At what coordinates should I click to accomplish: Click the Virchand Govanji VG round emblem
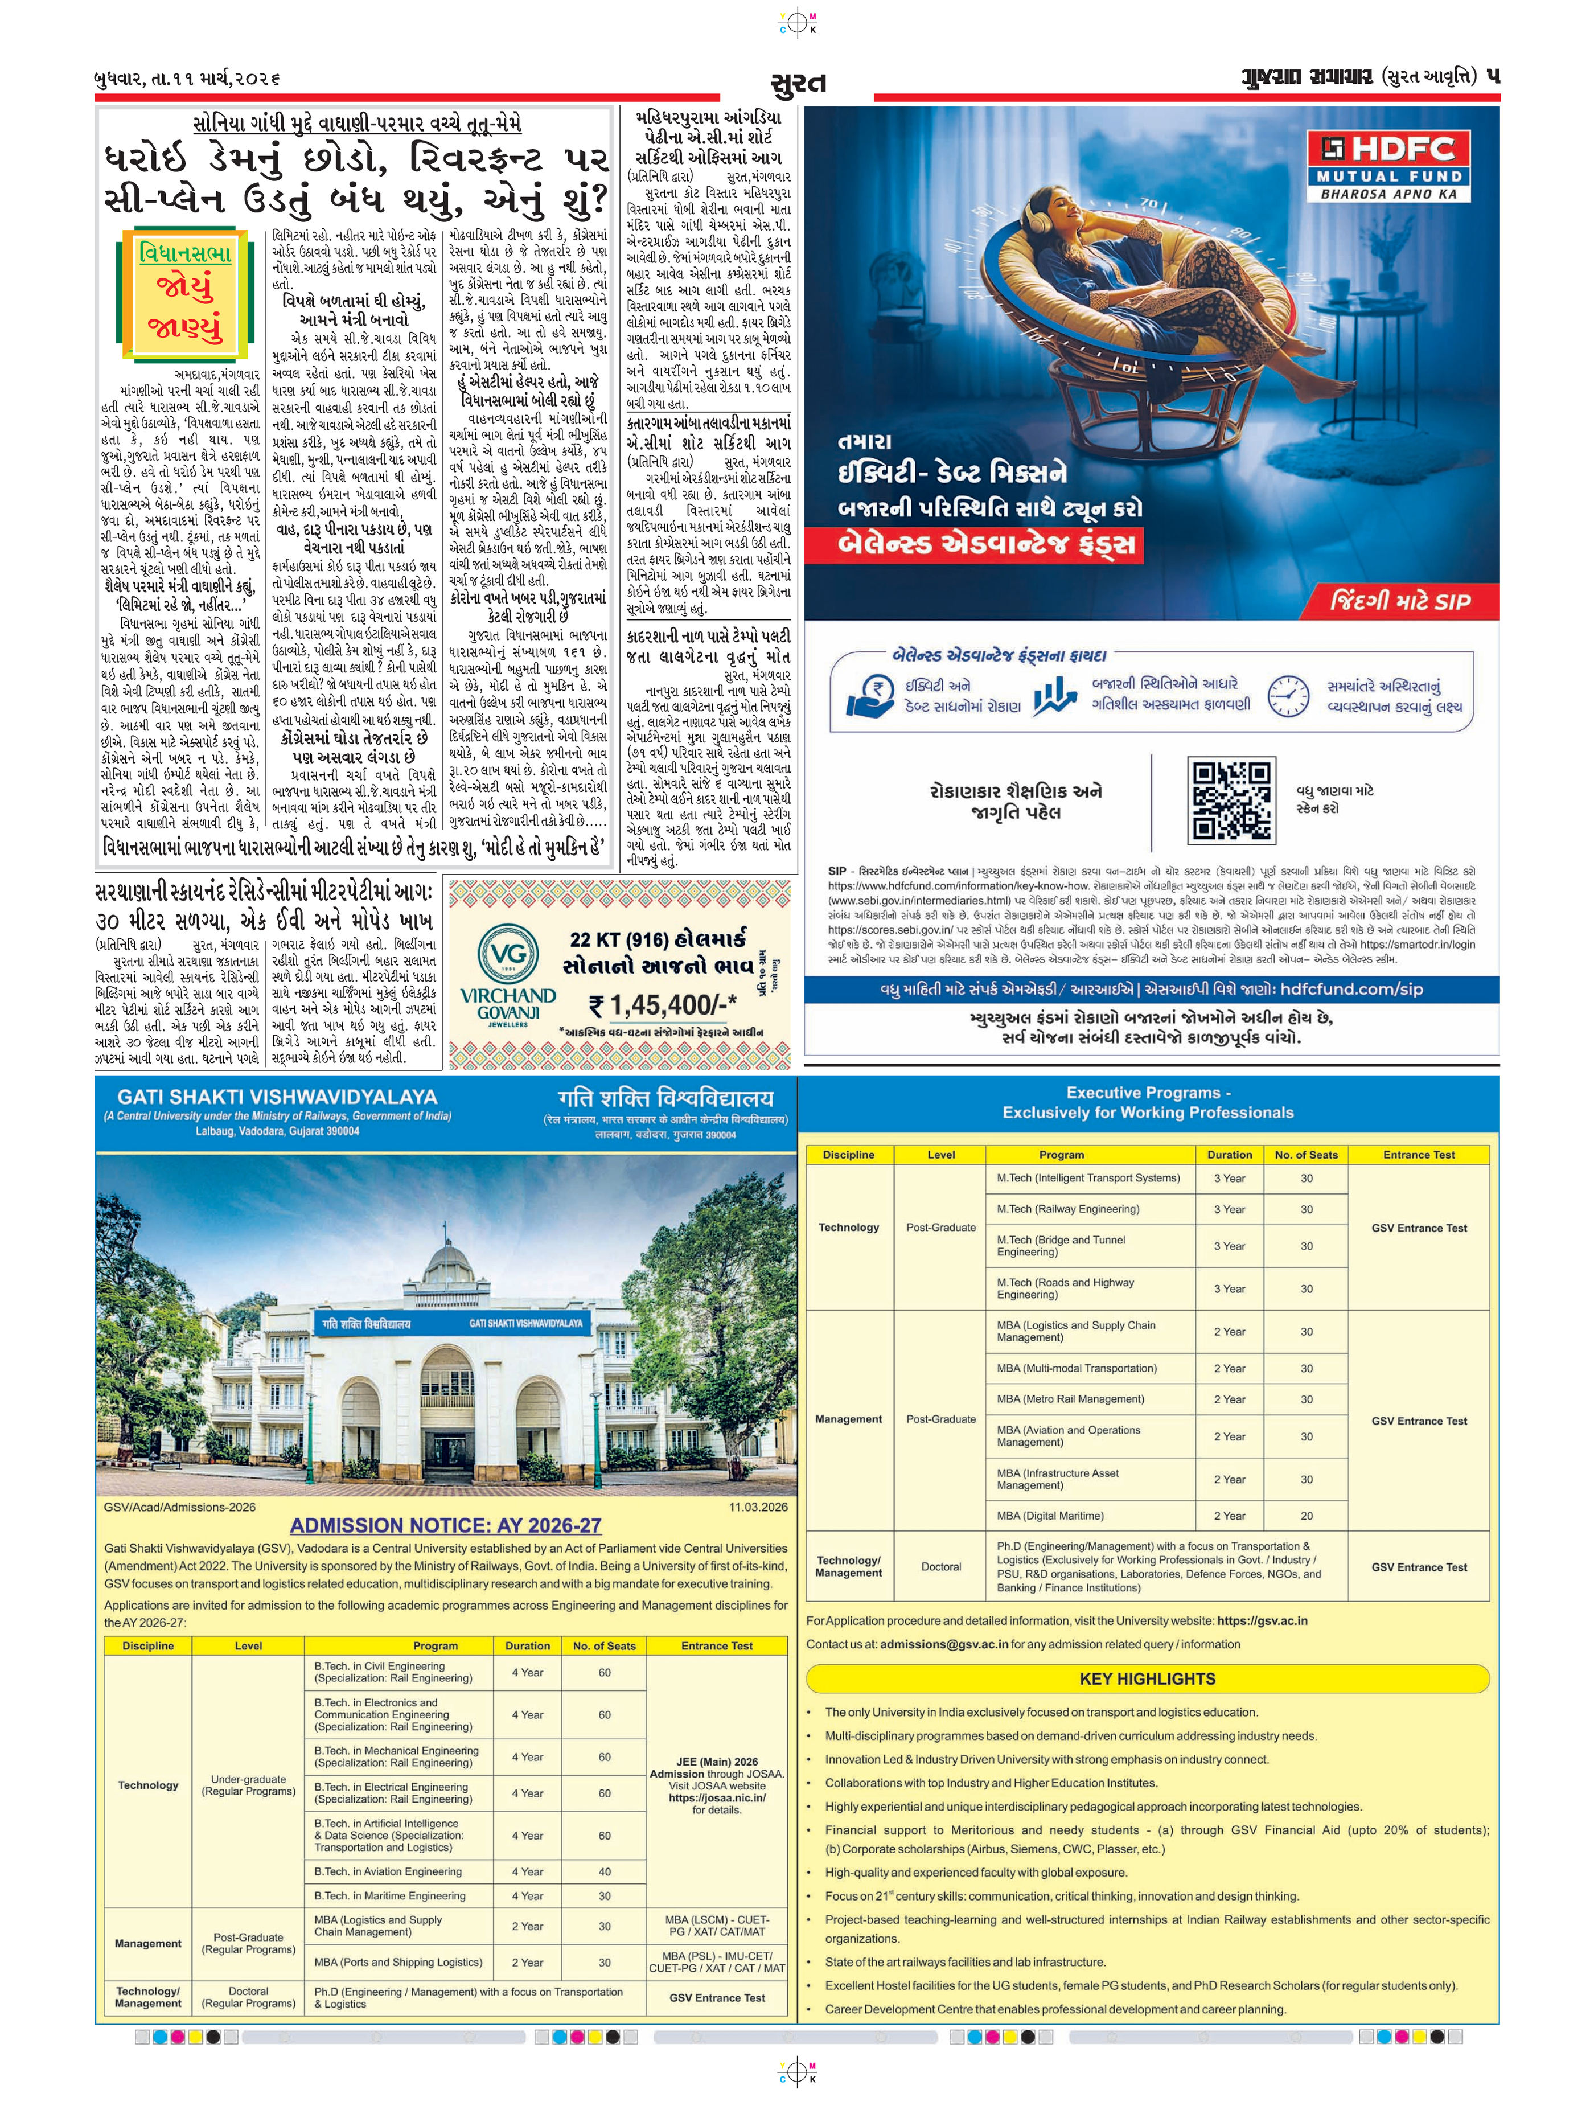click(507, 955)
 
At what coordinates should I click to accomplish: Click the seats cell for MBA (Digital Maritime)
click(1306, 1516)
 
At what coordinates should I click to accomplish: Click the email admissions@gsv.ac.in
click(944, 1644)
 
